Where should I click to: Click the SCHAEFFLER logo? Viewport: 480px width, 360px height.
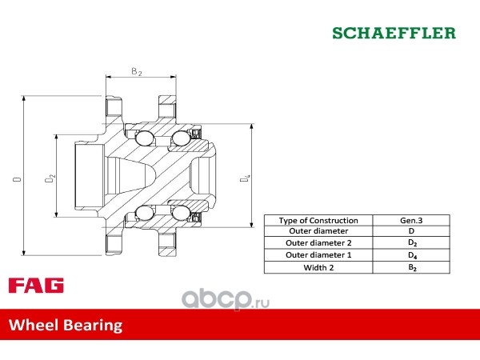[394, 33]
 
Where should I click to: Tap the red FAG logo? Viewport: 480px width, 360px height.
[36, 286]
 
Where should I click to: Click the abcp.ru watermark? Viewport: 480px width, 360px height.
[226, 300]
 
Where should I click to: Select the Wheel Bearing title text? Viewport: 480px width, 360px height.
[66, 325]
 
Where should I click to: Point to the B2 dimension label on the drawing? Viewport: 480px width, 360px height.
[137, 71]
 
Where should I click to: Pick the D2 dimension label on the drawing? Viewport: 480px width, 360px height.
[50, 178]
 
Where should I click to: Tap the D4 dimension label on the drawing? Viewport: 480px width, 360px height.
[245, 178]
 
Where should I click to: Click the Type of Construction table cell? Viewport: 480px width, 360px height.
[318, 221]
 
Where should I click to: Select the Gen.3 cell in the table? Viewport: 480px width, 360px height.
[411, 221]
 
